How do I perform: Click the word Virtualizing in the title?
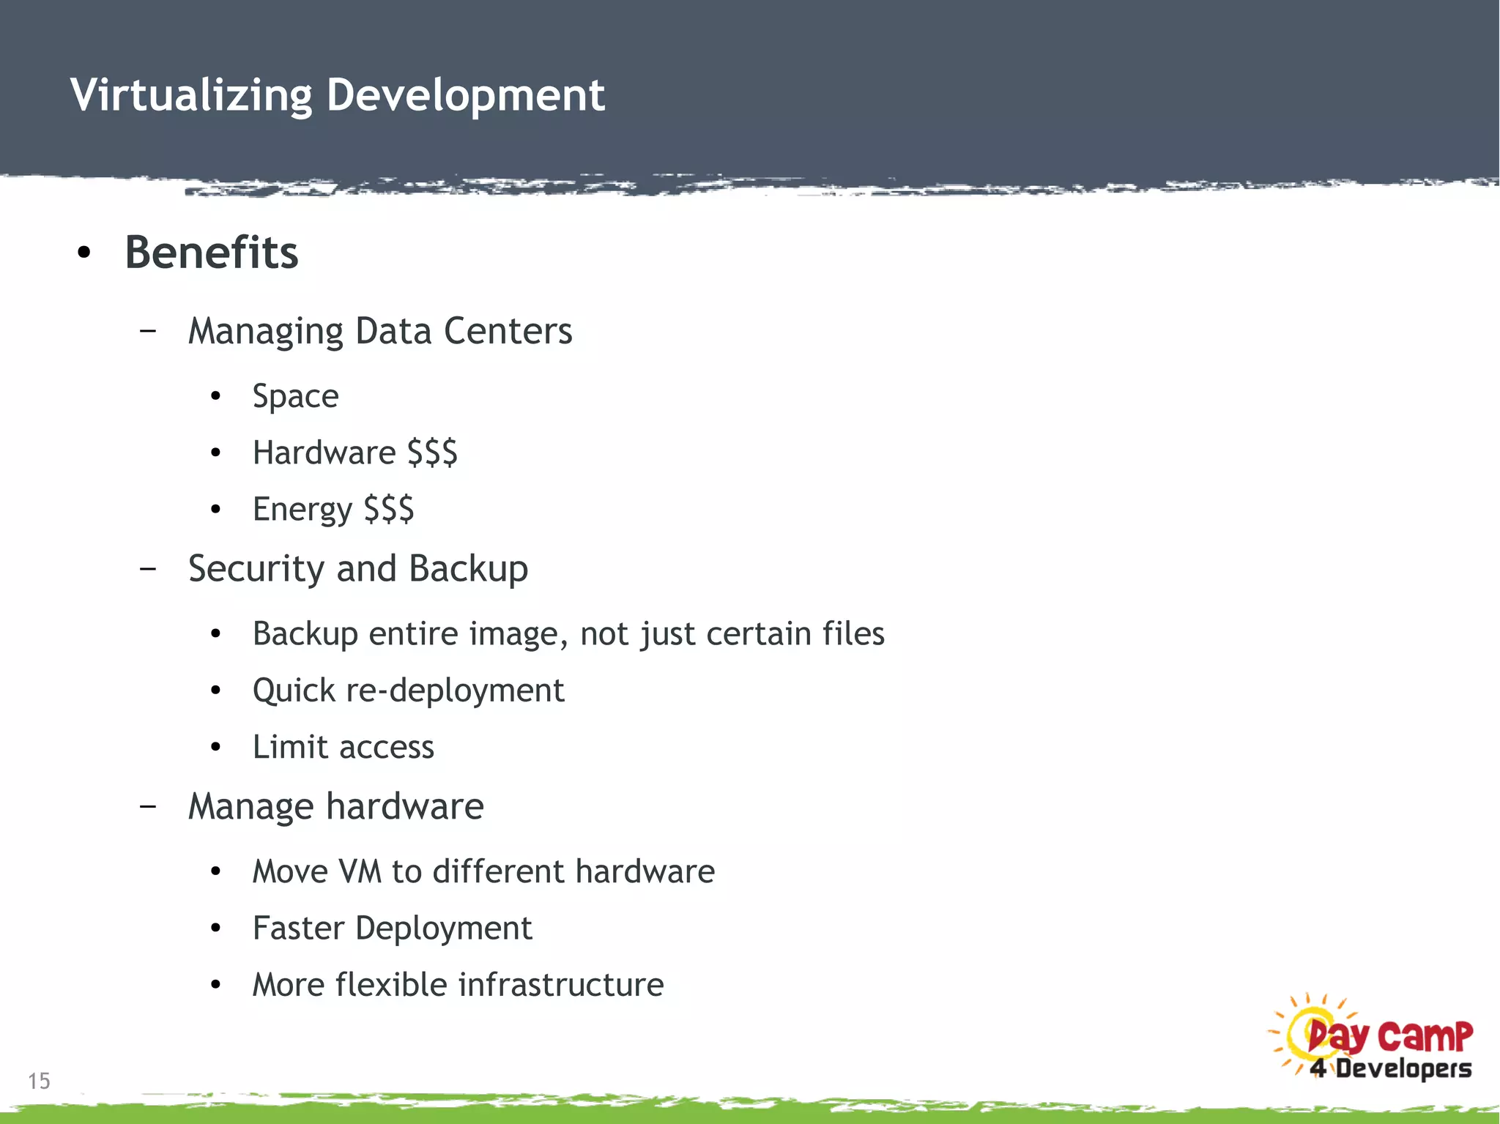[x=191, y=95]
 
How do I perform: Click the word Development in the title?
[x=466, y=95]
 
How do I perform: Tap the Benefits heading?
[x=212, y=253]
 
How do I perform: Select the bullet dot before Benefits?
[x=84, y=253]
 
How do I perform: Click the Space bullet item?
[x=295, y=397]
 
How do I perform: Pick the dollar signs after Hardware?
[x=432, y=453]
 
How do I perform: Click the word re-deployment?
[x=455, y=691]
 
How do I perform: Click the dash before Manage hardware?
[x=148, y=806]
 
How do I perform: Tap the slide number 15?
[x=39, y=1081]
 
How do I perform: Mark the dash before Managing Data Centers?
[x=148, y=331]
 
